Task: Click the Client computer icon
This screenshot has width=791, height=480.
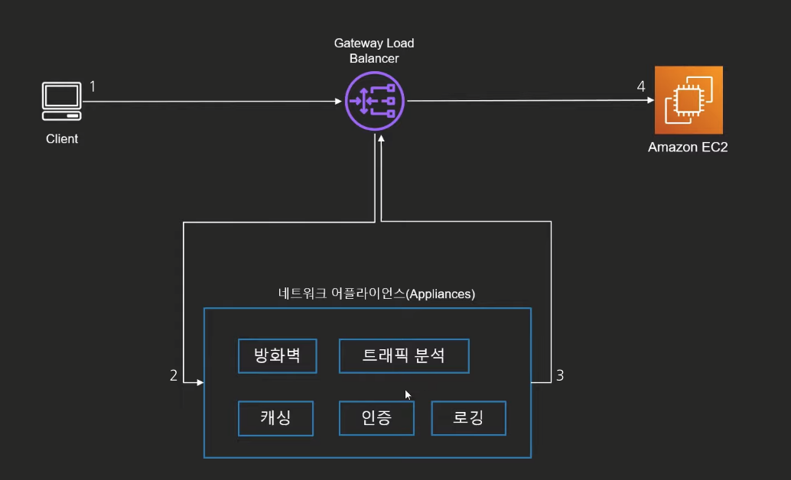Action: (x=61, y=101)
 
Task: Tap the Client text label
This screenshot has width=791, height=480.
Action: (x=62, y=138)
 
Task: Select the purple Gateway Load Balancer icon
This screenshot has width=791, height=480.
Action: (x=375, y=101)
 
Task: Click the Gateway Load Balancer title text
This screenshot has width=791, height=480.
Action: (x=374, y=50)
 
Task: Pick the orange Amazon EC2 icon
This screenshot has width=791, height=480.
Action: (x=688, y=100)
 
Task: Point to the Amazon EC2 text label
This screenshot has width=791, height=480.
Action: (x=688, y=148)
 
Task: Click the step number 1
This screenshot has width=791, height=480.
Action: (x=93, y=86)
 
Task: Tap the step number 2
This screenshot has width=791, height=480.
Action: (x=174, y=375)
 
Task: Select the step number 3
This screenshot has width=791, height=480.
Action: (x=560, y=375)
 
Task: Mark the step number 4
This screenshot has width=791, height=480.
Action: (x=640, y=86)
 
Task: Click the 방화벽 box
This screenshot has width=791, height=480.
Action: (x=278, y=356)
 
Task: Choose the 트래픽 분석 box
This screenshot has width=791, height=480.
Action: (x=404, y=356)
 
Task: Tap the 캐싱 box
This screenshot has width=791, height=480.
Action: (x=276, y=418)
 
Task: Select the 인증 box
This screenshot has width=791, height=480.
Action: (x=377, y=418)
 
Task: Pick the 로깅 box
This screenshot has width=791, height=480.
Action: (x=469, y=418)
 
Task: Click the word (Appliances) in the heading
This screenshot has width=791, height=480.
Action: (x=441, y=294)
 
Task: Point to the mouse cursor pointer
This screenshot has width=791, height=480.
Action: (x=408, y=395)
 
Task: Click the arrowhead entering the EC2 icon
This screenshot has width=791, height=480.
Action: (x=651, y=100)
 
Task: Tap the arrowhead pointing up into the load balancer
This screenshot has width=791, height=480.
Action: (x=382, y=138)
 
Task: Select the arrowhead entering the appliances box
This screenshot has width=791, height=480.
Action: (x=200, y=383)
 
